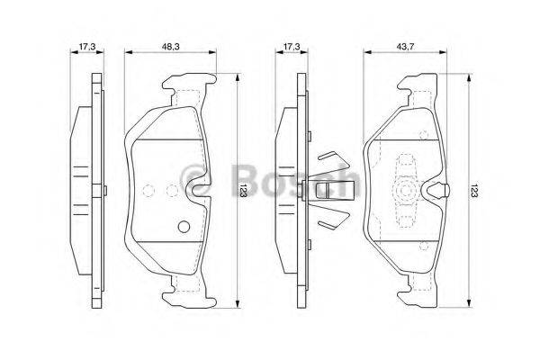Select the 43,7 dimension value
pos(405,46)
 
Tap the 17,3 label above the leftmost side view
pos(86,46)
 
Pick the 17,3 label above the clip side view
pos(292,46)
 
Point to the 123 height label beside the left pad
pos(243,190)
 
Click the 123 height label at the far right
pos(474,190)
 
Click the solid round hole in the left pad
pos(184,226)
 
